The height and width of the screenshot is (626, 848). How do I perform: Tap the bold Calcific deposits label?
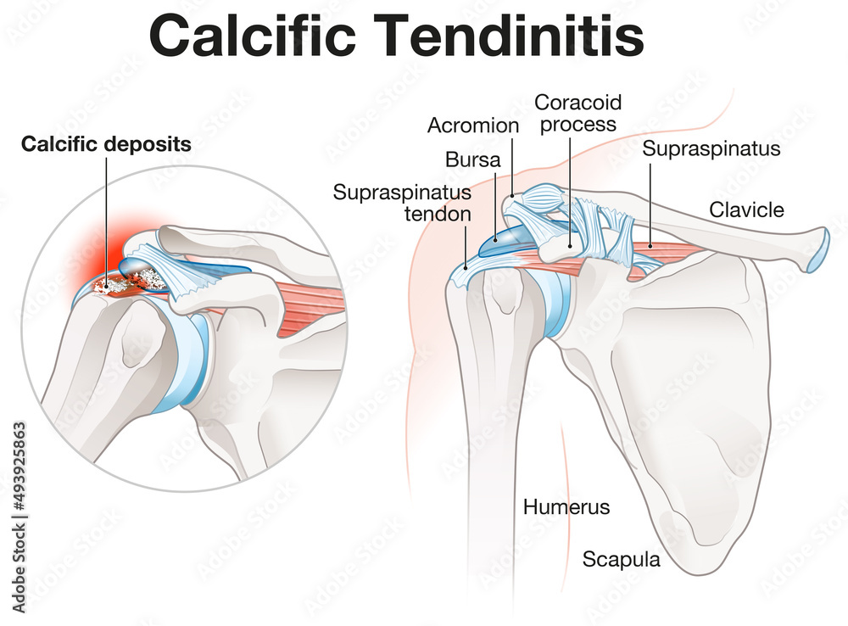106,144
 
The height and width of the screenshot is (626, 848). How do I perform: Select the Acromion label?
473,126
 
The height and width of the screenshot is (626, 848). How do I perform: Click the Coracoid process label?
577,113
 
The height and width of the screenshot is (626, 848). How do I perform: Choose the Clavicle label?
747,209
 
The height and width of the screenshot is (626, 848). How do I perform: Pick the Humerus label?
566,507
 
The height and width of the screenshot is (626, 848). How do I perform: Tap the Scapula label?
621,560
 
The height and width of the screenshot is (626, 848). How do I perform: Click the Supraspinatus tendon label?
402,203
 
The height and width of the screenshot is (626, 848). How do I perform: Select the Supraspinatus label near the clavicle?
711,149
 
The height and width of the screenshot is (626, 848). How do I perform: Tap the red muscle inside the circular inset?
310,301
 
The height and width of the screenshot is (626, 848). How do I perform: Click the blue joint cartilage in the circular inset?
191,365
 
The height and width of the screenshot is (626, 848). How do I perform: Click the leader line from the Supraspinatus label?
650,204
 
